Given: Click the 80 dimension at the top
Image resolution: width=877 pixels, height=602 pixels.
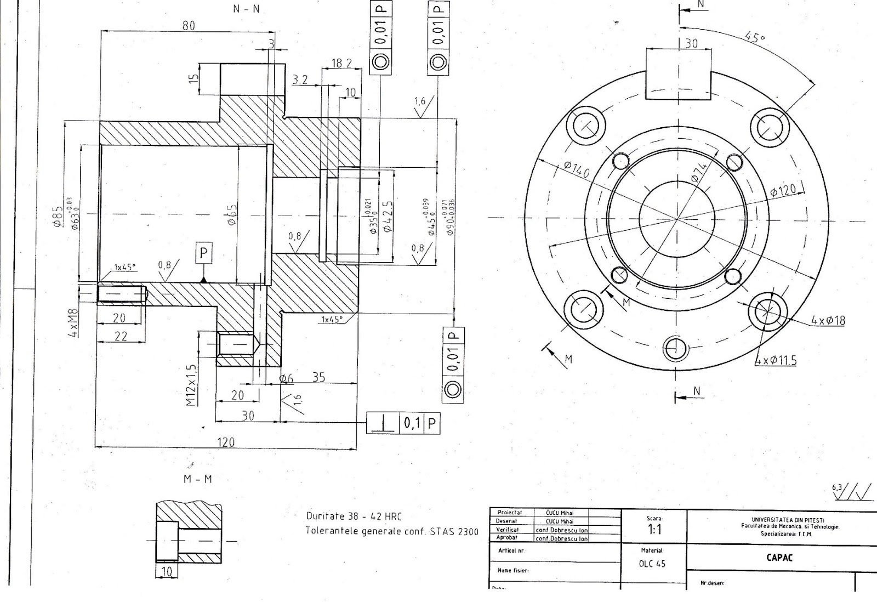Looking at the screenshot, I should (x=189, y=26).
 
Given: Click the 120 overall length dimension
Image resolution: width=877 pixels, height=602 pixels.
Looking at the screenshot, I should (x=226, y=442).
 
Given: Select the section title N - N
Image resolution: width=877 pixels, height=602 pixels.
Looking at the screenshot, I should (x=246, y=9).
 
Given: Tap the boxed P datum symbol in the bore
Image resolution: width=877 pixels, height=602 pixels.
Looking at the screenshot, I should (x=204, y=254).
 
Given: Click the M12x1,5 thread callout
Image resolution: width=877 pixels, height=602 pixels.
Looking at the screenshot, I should (x=191, y=385).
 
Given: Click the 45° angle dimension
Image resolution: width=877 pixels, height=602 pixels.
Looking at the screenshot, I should (x=755, y=37).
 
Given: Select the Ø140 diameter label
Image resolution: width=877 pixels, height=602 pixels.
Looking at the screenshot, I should (x=576, y=170).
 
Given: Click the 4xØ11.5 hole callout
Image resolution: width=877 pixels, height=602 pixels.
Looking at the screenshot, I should (x=776, y=360).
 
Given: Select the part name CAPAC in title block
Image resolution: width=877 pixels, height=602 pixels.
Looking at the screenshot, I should (x=779, y=558).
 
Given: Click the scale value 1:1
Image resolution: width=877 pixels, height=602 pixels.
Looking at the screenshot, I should (x=654, y=530).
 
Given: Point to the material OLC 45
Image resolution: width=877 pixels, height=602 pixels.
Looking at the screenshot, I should (x=652, y=564).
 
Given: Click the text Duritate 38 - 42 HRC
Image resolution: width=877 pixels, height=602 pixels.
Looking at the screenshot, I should (x=354, y=516).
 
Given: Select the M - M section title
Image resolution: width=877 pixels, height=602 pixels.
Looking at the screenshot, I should (x=197, y=479).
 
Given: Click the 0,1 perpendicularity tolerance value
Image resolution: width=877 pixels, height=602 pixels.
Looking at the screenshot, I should (x=411, y=423).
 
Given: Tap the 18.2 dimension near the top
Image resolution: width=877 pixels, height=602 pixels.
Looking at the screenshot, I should (x=341, y=64).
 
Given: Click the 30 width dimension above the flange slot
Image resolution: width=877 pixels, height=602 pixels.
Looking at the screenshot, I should (x=691, y=43).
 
